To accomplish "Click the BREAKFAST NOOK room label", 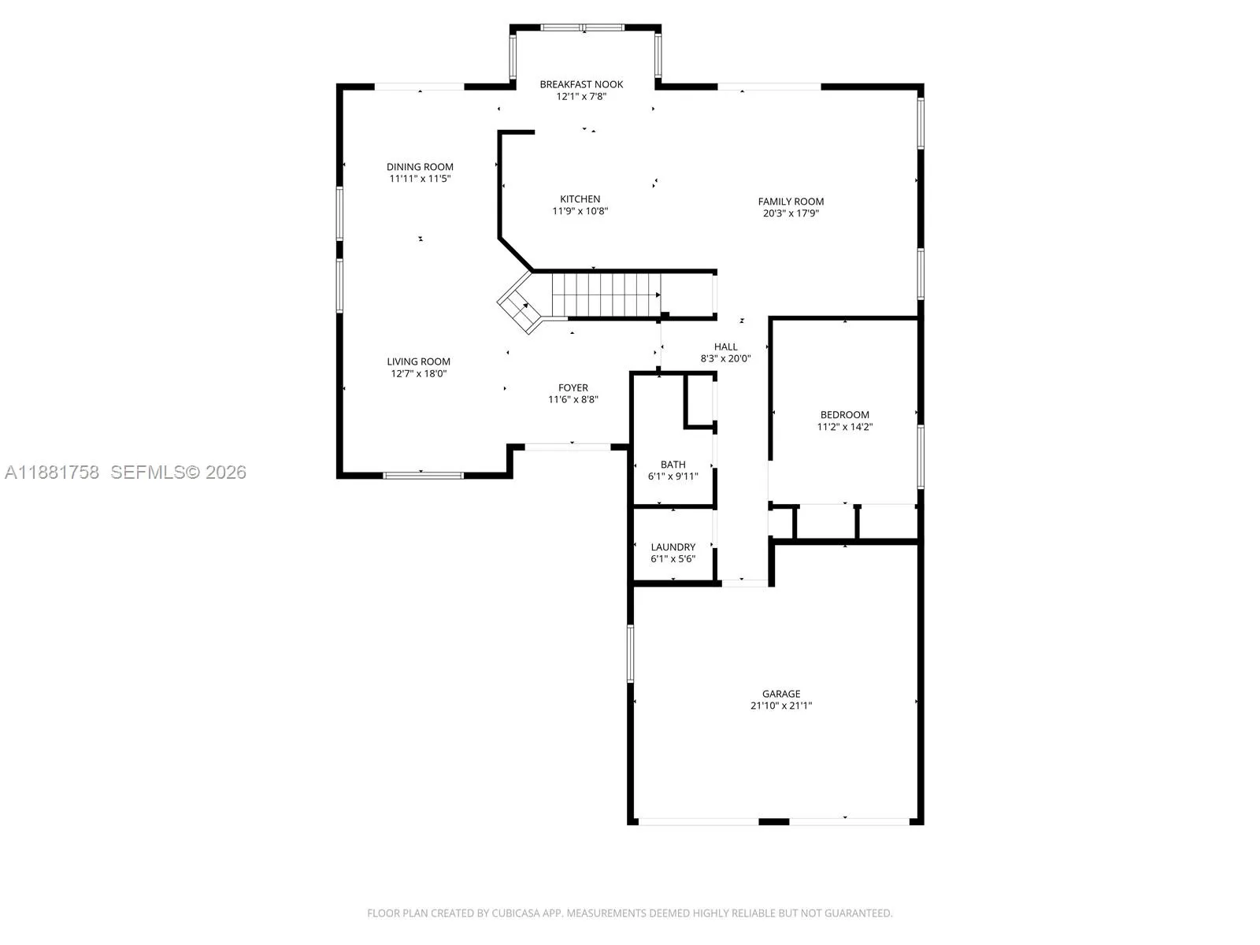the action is pyautogui.click(x=581, y=84).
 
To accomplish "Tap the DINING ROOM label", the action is pyautogui.click(x=420, y=167).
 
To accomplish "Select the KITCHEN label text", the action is pyautogui.click(x=580, y=199).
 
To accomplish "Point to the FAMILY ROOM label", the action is pyautogui.click(x=791, y=202).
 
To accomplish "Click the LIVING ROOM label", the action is pyautogui.click(x=418, y=361).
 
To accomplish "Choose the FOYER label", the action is pyautogui.click(x=573, y=388).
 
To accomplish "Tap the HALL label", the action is pyautogui.click(x=725, y=346).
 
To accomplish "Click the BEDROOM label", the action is pyautogui.click(x=844, y=415).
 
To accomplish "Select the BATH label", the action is pyautogui.click(x=673, y=465).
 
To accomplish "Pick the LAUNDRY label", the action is pyautogui.click(x=673, y=547).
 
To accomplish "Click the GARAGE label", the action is pyautogui.click(x=781, y=695).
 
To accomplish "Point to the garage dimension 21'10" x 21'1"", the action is pyautogui.click(x=781, y=706).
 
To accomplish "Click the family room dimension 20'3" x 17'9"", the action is pyautogui.click(x=791, y=213).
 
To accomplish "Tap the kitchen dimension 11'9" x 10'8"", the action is pyautogui.click(x=580, y=211).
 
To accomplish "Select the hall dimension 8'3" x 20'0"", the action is pyautogui.click(x=725, y=358).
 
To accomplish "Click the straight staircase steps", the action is pyautogui.click(x=606, y=295).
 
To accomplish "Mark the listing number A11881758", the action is pyautogui.click(x=52, y=472).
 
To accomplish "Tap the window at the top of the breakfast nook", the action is pyautogui.click(x=582, y=28).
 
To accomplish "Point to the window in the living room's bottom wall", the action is pyautogui.click(x=423, y=475).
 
